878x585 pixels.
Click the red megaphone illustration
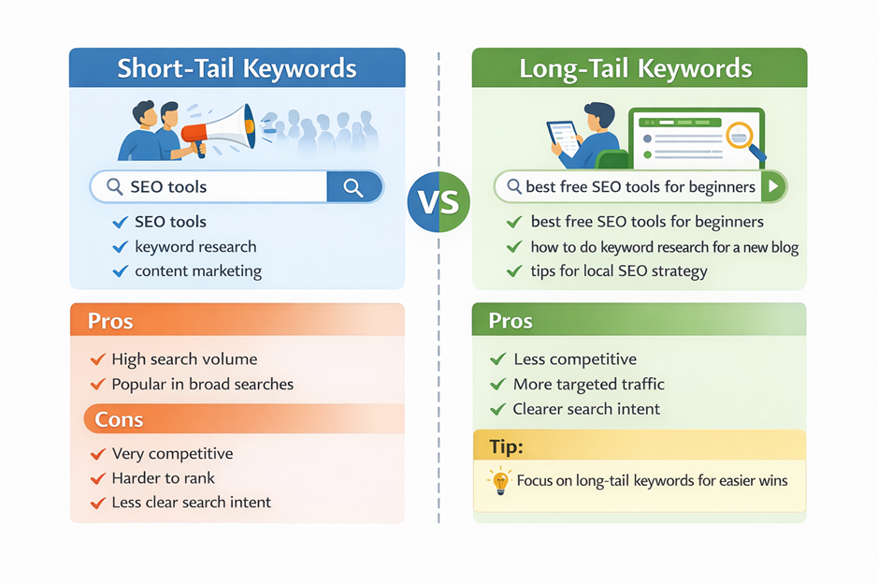click(219, 130)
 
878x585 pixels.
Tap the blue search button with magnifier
click(354, 187)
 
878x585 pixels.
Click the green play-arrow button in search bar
click(773, 186)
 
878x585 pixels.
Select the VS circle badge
click(439, 202)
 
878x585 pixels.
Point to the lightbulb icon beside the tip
click(499, 481)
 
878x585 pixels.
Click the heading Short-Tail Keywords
click(237, 68)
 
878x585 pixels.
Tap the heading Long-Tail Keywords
click(636, 68)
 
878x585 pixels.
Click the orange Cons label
click(120, 419)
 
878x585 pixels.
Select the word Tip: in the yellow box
click(506, 446)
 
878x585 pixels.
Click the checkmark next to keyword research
click(121, 247)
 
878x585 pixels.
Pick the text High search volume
click(185, 359)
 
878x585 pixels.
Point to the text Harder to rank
click(163, 478)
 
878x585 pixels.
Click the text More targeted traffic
click(588, 385)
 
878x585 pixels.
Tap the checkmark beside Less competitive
click(497, 359)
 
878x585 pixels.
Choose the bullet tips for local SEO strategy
click(619, 271)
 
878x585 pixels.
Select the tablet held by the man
click(563, 138)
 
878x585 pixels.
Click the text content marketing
click(198, 271)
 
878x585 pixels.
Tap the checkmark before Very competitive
click(98, 454)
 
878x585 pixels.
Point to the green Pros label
click(511, 320)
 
